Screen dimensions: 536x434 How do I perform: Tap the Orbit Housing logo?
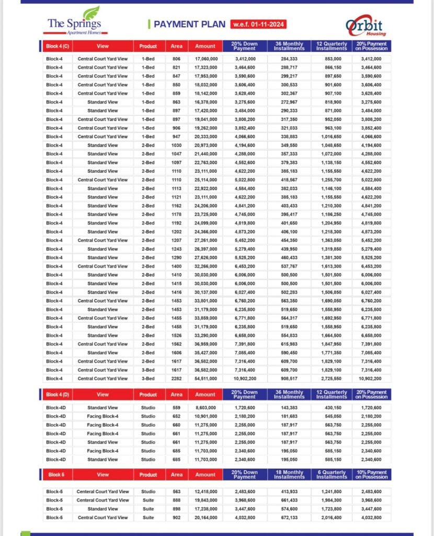coord(364,27)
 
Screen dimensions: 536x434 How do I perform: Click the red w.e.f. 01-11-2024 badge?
coord(259,25)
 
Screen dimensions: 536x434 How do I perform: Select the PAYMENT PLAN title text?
coord(189,25)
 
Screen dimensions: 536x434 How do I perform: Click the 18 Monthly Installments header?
coord(289,475)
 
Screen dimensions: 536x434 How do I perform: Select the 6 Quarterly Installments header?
coord(332,475)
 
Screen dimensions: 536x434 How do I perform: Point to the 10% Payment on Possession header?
coord(372,475)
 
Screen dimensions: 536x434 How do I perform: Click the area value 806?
coord(176,59)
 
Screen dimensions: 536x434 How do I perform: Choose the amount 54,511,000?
coord(205,378)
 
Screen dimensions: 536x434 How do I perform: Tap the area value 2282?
coord(176,378)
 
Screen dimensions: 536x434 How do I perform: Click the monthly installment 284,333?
coord(289,59)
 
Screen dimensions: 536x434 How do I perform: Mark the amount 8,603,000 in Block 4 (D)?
coord(205,408)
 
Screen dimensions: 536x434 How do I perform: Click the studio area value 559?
coord(176,408)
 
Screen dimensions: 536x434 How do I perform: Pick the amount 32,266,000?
coord(205,266)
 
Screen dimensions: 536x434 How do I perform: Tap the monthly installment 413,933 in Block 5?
coord(289,492)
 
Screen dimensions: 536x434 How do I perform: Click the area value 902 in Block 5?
coord(176,518)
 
